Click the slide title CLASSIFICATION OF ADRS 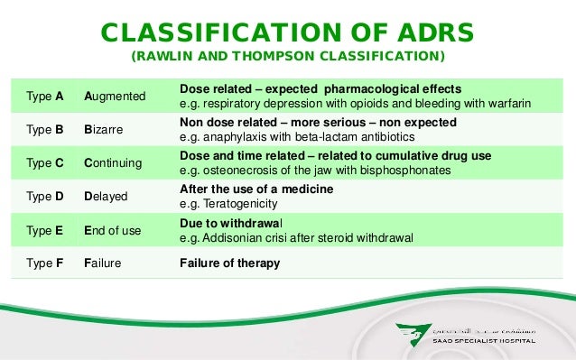(287, 32)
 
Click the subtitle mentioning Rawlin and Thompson (288, 58)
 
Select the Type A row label (44, 95)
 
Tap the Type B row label (44, 129)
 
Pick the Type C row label (44, 163)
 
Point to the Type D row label (44, 196)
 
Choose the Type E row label (44, 230)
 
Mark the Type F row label (44, 263)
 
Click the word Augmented (115, 95)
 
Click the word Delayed (106, 196)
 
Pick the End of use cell (112, 230)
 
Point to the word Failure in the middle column (104, 263)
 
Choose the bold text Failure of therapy (229, 263)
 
